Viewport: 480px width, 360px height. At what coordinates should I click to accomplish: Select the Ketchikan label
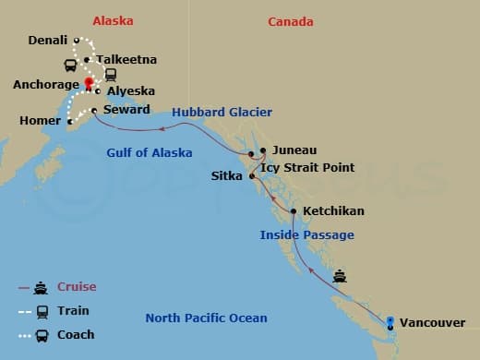(x=333, y=211)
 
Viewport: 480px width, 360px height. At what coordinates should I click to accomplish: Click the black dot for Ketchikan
(x=294, y=211)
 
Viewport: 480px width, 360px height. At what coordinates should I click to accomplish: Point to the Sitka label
(x=227, y=174)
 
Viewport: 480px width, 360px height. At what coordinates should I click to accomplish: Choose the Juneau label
(x=294, y=150)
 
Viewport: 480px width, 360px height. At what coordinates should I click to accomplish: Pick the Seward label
(x=126, y=109)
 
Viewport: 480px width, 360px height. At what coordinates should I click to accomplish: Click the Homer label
(x=38, y=121)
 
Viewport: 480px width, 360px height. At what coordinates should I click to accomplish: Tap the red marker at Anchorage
(x=90, y=83)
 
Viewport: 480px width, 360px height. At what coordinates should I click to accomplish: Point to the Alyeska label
(x=130, y=91)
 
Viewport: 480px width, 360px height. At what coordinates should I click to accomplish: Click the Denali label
(x=47, y=41)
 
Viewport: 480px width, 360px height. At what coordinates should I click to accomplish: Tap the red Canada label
(x=290, y=21)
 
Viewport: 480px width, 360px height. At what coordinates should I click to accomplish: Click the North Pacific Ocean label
(x=206, y=318)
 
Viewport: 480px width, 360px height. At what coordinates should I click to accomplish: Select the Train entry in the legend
(x=73, y=310)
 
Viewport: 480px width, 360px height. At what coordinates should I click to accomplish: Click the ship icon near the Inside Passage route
(x=340, y=274)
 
